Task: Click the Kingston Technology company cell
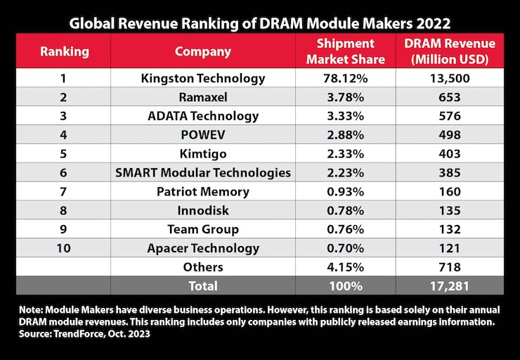(x=202, y=78)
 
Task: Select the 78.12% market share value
(x=344, y=78)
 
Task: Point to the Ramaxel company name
(x=202, y=97)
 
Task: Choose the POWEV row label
(x=202, y=135)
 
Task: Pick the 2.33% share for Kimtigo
(x=344, y=154)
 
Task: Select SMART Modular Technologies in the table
(x=202, y=173)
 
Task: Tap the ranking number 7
(x=63, y=191)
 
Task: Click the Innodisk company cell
(x=202, y=210)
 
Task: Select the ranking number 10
(x=63, y=248)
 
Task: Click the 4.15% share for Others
(x=344, y=267)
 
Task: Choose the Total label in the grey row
(x=202, y=286)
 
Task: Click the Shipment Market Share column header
(x=344, y=51)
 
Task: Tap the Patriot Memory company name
(x=202, y=191)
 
